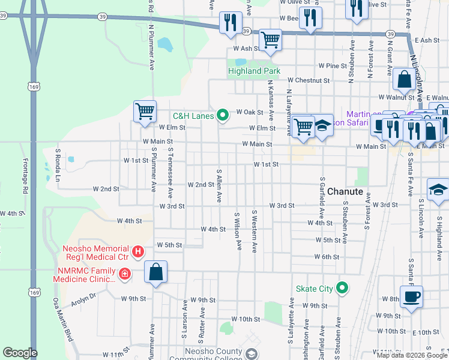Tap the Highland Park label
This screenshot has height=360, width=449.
point(254,71)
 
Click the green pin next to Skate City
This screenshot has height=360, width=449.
point(342,289)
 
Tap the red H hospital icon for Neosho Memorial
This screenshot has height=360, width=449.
point(137,251)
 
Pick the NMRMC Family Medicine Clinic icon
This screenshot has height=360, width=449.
point(124,274)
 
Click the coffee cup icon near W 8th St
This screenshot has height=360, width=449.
point(411,296)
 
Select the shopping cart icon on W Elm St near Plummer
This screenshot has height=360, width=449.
point(145,112)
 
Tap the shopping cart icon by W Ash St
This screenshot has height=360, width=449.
point(271,40)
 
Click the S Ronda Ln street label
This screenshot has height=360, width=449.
point(58,165)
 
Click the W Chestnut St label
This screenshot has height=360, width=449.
point(309,80)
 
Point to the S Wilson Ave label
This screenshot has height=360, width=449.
point(238,231)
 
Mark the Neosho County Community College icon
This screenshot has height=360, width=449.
point(251,353)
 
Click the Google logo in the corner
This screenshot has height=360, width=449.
point(20,353)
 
